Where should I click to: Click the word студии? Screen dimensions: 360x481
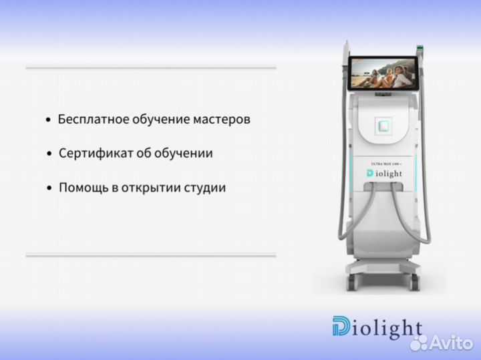(204, 188)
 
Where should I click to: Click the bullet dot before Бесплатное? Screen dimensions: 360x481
(47, 121)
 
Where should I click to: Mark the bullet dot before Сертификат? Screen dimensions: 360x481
(49, 154)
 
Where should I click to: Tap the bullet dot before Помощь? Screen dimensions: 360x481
(49, 188)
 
